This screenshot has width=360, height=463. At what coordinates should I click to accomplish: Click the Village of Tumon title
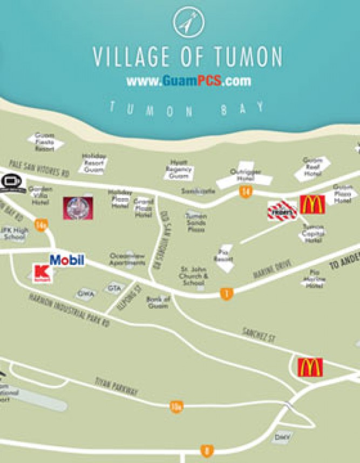(187, 56)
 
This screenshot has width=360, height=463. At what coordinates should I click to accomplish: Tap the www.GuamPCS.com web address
(188, 81)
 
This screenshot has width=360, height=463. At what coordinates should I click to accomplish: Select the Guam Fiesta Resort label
(44, 141)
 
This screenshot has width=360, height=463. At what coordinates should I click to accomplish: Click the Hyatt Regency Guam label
(180, 169)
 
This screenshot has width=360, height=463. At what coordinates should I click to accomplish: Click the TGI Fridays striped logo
(282, 210)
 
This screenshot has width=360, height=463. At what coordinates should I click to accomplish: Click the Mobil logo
(67, 260)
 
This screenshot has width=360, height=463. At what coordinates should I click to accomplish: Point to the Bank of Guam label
(158, 302)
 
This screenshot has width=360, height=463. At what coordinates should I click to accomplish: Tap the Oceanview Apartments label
(127, 259)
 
